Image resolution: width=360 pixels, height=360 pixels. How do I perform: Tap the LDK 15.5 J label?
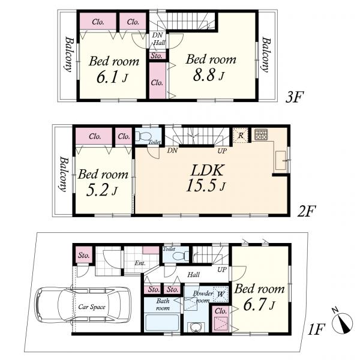(205, 178)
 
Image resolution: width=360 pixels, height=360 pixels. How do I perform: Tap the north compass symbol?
(343, 322)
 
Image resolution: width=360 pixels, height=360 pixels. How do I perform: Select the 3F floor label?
(295, 97)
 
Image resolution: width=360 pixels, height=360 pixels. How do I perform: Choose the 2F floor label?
(307, 211)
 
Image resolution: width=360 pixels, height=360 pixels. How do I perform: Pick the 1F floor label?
(317, 329)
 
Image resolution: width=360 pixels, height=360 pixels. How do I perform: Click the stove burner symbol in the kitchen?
(261, 135)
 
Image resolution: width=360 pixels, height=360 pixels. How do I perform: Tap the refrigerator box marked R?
(241, 136)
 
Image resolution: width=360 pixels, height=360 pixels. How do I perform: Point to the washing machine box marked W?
(220, 294)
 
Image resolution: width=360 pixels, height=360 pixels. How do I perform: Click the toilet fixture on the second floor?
(140, 136)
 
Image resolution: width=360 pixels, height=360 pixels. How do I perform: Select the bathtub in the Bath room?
(163, 323)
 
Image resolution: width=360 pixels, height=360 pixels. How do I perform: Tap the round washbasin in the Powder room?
(196, 327)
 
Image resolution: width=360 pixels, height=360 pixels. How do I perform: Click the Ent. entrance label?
(140, 263)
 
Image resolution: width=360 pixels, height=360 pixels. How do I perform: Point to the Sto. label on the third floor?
(157, 56)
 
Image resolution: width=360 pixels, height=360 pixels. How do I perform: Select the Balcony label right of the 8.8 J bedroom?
(266, 55)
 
